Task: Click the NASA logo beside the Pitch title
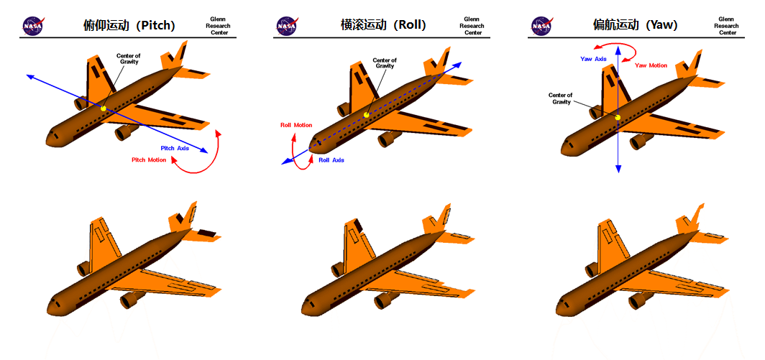pyautogui.click(x=32, y=26)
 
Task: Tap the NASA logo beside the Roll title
pyautogui.click(x=286, y=26)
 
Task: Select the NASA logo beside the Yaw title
pyautogui.click(x=541, y=26)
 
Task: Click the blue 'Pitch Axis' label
pyautogui.click(x=175, y=148)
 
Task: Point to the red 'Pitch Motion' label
pyautogui.click(x=149, y=160)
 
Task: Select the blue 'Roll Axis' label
pyautogui.click(x=331, y=160)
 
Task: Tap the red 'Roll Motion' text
pyautogui.click(x=296, y=125)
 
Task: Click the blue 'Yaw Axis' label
pyautogui.click(x=594, y=59)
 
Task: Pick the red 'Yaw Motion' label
pyautogui.click(x=651, y=65)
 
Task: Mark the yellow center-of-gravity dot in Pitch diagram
pyautogui.click(x=104, y=109)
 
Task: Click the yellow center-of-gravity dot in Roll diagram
pyautogui.click(x=366, y=115)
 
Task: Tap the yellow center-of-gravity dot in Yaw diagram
pyautogui.click(x=618, y=116)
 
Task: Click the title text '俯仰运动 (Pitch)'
pyautogui.click(x=129, y=25)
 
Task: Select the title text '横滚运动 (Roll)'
pyautogui.click(x=383, y=25)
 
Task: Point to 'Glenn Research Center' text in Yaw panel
pyautogui.click(x=727, y=26)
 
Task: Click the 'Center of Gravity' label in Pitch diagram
pyautogui.click(x=128, y=59)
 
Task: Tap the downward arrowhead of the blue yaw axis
pyautogui.click(x=618, y=169)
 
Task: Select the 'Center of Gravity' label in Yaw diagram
pyautogui.click(x=561, y=98)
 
